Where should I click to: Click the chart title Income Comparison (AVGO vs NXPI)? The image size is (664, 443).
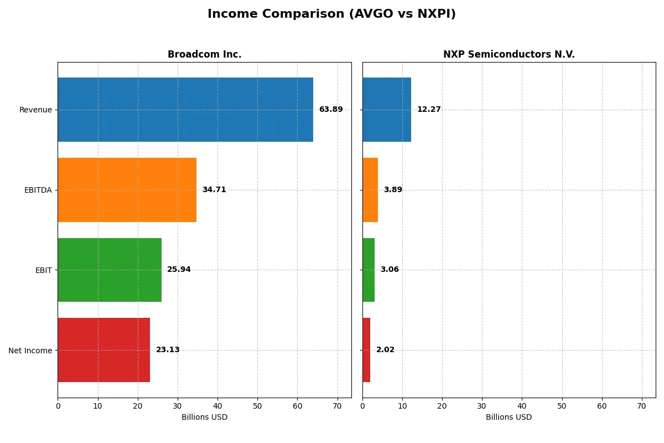coord(331,14)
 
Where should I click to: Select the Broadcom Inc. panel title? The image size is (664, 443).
coord(204,54)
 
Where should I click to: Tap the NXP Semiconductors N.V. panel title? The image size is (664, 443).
coord(509,54)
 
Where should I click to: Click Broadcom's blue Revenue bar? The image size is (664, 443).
coord(185,110)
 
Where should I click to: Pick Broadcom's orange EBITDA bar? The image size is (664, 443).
coord(127,190)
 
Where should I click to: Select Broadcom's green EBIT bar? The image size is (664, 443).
coord(110,270)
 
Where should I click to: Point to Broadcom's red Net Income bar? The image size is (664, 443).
coord(103,350)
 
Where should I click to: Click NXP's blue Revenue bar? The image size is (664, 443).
coord(387,110)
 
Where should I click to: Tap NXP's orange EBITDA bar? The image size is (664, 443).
coord(370,190)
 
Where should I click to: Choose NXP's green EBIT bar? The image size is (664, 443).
coord(369,270)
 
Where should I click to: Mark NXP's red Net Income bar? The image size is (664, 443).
coord(366,350)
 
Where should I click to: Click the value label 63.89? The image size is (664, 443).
coord(331,110)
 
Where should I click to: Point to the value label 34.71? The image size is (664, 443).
coord(214,190)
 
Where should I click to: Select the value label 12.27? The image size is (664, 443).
coord(429,110)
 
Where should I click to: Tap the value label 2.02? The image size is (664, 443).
coord(386,350)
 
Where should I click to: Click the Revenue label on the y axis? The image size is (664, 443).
coord(35,110)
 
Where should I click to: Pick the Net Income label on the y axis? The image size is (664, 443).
coord(30,351)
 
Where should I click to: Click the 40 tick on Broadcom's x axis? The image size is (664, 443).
coord(217,406)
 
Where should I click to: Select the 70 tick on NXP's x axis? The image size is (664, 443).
coord(641,406)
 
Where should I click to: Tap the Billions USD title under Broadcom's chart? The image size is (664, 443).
coord(204,418)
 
